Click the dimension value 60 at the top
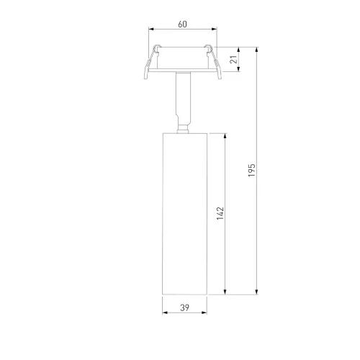click(182, 24)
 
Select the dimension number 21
click(233, 61)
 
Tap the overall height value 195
click(251, 170)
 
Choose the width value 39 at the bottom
click(184, 308)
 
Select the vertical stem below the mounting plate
click(182, 97)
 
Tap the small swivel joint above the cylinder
click(182, 127)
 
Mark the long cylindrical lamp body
click(182, 213)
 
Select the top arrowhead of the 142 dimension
click(227, 135)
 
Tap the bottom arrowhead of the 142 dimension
click(227, 292)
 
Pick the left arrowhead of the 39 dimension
click(163, 314)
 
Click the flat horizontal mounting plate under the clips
click(182, 73)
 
